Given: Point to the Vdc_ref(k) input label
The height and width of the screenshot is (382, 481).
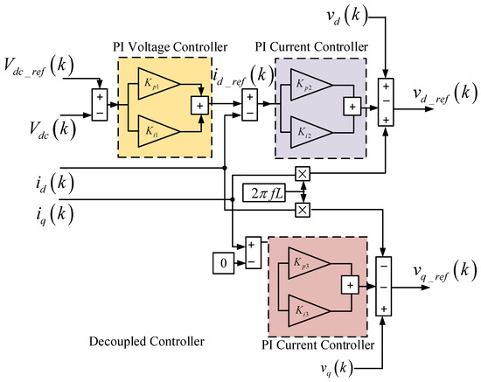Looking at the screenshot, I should click(x=45, y=69).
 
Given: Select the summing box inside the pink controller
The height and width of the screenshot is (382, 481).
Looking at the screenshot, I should click(x=349, y=283).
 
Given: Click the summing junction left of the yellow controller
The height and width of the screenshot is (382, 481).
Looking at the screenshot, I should click(x=100, y=102).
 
